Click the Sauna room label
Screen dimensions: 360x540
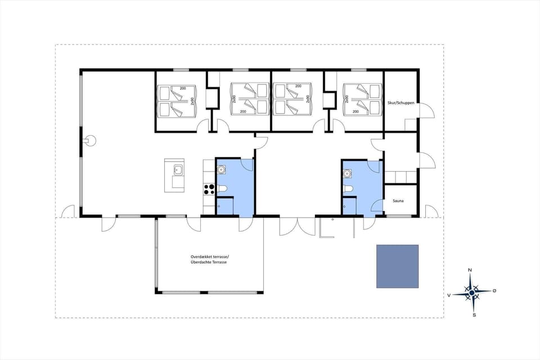tap(398, 201)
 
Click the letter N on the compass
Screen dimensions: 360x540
tap(470, 271)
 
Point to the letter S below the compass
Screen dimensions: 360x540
tap(474, 314)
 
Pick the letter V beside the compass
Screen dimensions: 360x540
tap(449, 294)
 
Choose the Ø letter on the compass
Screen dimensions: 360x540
tap(494, 291)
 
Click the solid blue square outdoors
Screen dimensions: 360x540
tap(398, 267)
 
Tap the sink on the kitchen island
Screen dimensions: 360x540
tap(177, 169)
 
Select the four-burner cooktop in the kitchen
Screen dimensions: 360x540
tap(209, 190)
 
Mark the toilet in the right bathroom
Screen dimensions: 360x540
tap(348, 190)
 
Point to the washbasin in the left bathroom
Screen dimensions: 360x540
tap(222, 168)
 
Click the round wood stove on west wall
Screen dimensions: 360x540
tap(90, 141)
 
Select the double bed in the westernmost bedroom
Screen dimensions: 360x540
tap(176, 101)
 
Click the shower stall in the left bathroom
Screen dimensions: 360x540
tap(225, 206)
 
